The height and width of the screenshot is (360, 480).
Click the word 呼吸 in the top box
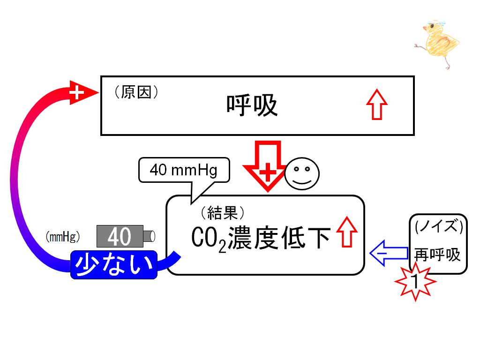click(x=252, y=105)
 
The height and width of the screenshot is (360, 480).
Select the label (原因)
click(x=136, y=92)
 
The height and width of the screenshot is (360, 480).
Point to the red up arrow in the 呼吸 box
click(x=377, y=105)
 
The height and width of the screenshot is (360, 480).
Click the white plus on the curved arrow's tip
click(x=76, y=92)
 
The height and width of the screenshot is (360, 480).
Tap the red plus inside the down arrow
click(x=268, y=172)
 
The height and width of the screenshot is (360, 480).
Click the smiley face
click(x=302, y=173)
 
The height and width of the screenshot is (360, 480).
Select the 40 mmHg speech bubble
click(x=184, y=171)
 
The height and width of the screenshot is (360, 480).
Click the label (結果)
click(x=223, y=213)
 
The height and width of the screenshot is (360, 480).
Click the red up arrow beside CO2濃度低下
click(x=347, y=232)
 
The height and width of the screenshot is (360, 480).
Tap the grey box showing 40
click(x=120, y=236)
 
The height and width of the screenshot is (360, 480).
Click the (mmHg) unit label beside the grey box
click(x=63, y=237)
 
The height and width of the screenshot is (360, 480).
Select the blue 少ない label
click(x=114, y=265)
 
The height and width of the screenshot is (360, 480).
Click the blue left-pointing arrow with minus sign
click(x=389, y=253)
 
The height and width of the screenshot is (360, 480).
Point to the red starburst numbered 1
click(x=415, y=281)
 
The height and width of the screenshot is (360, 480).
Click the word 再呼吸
click(x=437, y=255)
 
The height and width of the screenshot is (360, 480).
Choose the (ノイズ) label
click(x=439, y=226)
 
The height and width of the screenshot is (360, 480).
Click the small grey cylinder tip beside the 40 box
click(x=150, y=236)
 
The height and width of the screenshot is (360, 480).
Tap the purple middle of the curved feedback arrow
click(x=14, y=180)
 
